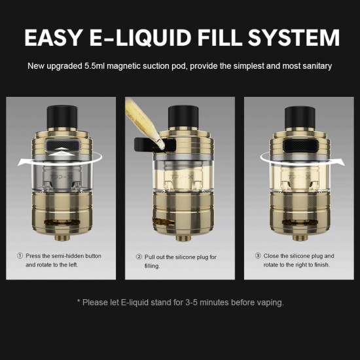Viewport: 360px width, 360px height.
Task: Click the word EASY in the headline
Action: tap(53, 37)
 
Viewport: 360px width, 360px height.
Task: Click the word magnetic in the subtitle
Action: tap(124, 66)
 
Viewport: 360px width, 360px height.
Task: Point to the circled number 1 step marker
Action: tap(20, 256)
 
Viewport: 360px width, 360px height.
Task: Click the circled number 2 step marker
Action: tap(139, 257)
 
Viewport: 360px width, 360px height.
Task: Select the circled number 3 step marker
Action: tap(258, 256)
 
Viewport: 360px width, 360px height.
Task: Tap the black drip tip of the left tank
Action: tap(62, 118)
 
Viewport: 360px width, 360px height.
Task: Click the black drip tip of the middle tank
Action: tap(183, 118)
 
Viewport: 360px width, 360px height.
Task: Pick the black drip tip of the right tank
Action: tap(300, 118)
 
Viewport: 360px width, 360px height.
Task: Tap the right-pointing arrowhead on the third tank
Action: tap(339, 162)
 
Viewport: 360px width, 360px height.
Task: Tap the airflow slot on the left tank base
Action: tap(62, 223)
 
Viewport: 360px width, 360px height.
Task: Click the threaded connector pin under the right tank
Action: tap(300, 238)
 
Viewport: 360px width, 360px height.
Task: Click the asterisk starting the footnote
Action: tap(79, 301)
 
